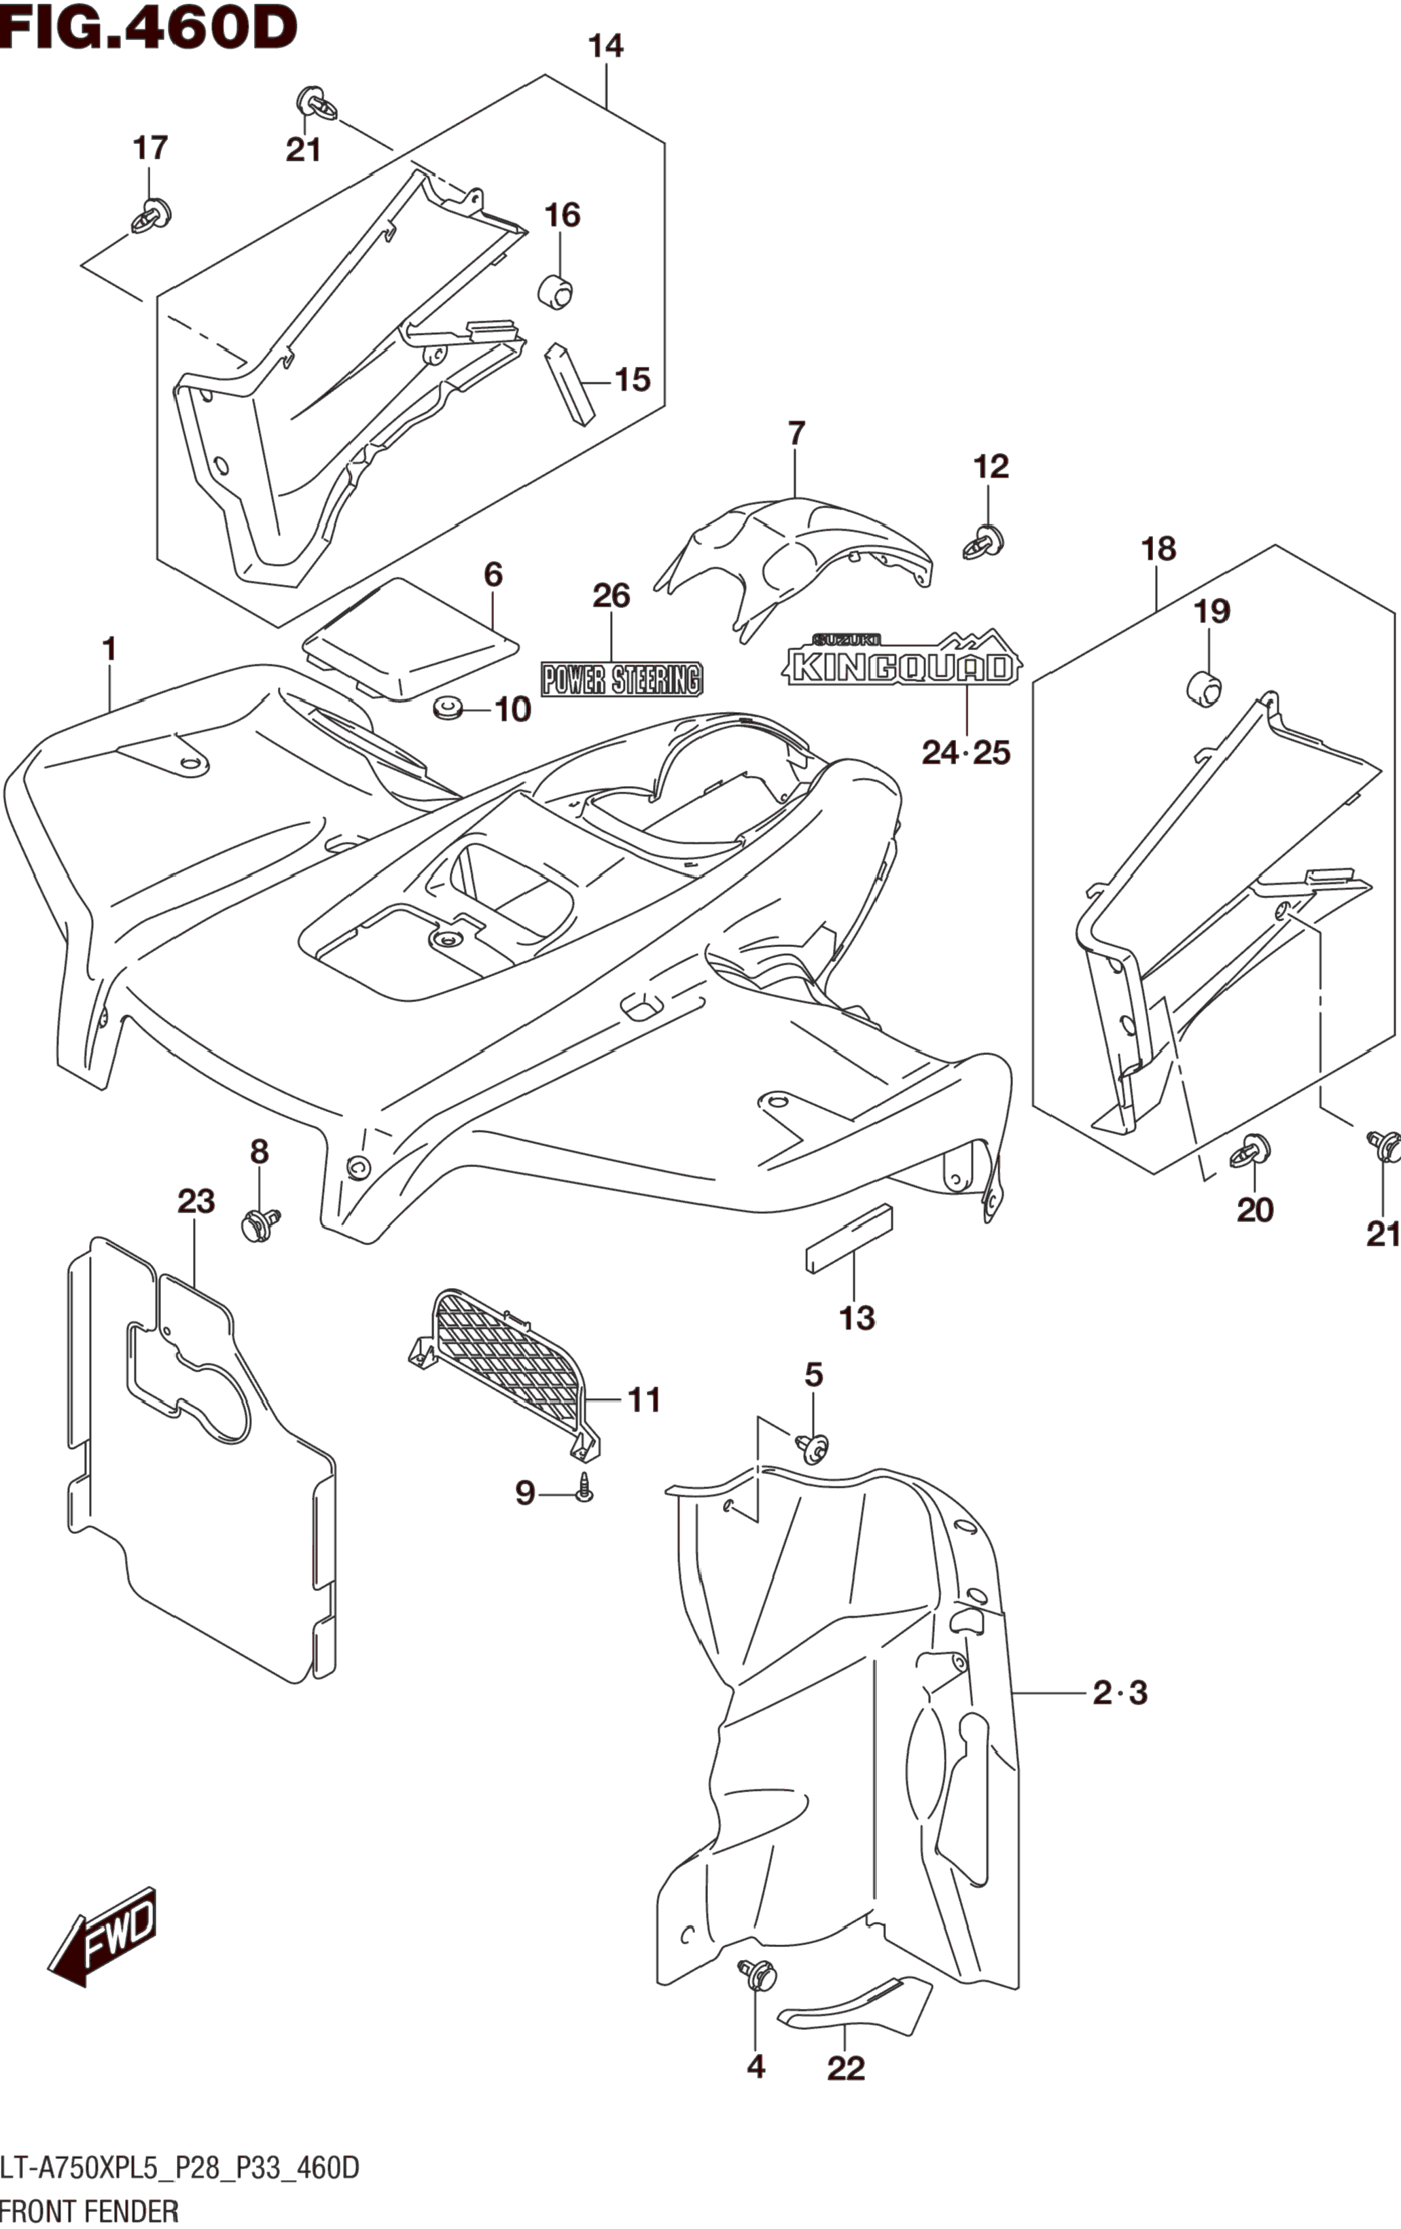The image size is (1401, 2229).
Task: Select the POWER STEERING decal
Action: coord(621,679)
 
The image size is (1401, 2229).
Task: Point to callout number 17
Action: coord(150,147)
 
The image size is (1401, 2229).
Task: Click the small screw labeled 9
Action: coord(584,1489)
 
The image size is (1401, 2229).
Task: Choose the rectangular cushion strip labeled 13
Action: coord(848,1238)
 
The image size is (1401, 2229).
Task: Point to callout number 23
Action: coord(196,1202)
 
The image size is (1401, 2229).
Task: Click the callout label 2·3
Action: coord(1120,1693)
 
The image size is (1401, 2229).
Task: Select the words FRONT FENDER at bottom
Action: coord(89,2209)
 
